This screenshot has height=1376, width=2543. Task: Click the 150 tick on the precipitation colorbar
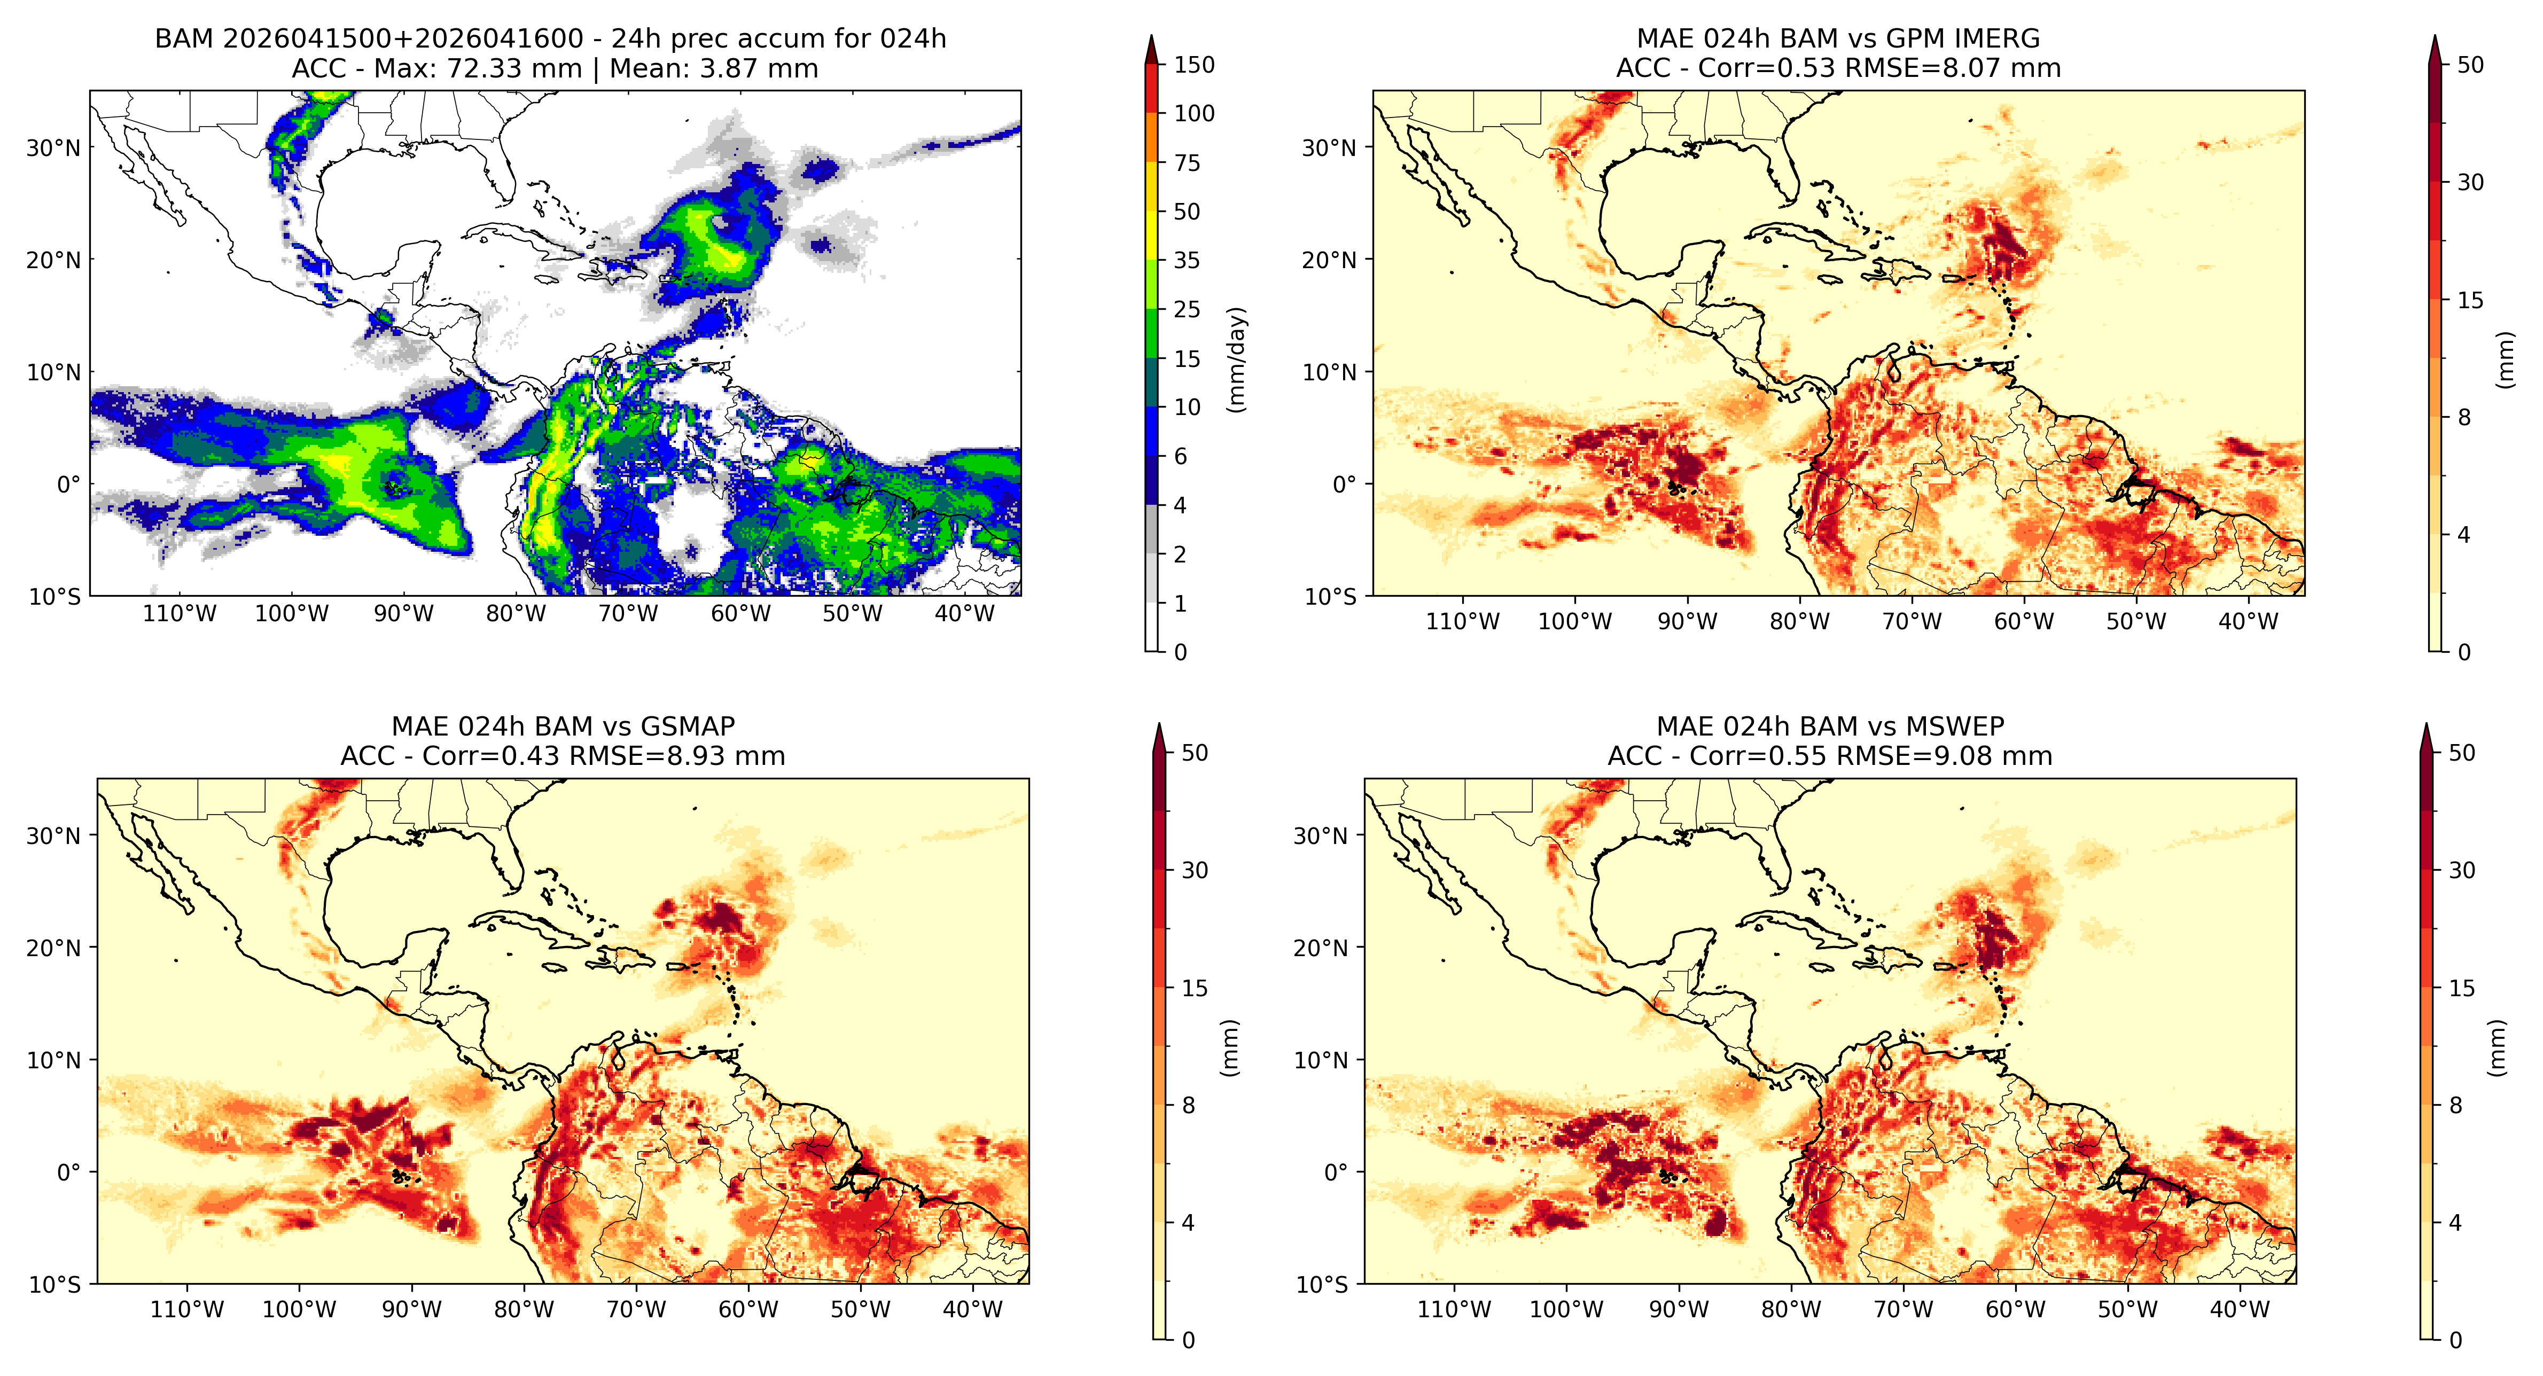pyautogui.click(x=1194, y=65)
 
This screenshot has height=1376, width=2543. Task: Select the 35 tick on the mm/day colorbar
pyautogui.click(x=1187, y=261)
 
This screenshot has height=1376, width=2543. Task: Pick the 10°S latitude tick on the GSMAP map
pyautogui.click(x=55, y=1284)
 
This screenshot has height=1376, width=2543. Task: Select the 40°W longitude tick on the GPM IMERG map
pyautogui.click(x=2249, y=622)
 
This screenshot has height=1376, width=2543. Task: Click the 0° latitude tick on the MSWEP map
pyautogui.click(x=1336, y=1172)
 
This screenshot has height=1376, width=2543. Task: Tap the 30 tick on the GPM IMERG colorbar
pyautogui.click(x=2470, y=183)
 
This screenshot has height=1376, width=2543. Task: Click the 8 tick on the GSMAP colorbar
pyautogui.click(x=1189, y=1106)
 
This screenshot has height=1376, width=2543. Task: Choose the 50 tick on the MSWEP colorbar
pyautogui.click(x=2462, y=753)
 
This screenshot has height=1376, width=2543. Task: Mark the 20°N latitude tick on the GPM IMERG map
pyautogui.click(x=1329, y=261)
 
